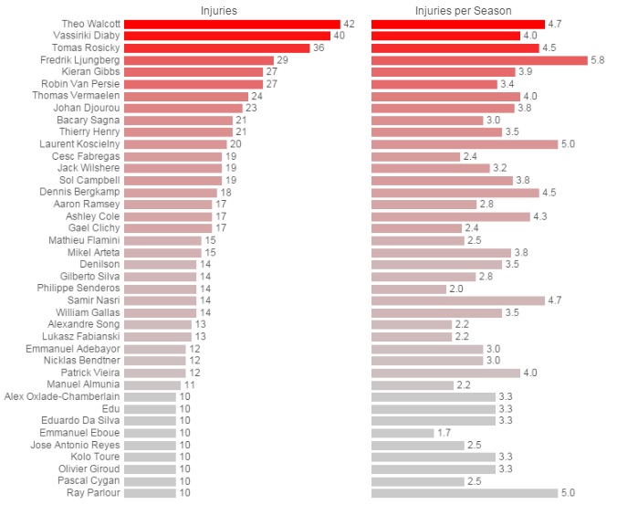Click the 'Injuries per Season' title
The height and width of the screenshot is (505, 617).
[x=463, y=10]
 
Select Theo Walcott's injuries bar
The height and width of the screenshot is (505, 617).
[x=232, y=24]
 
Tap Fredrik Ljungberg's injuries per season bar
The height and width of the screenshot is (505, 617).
[x=479, y=59]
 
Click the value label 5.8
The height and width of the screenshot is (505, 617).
[x=599, y=59]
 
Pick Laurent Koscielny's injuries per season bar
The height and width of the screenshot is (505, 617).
[x=465, y=144]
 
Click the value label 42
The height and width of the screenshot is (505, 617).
[x=349, y=24]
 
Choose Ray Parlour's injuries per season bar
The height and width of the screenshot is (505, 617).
[x=465, y=493]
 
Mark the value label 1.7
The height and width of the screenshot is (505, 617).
[x=444, y=433]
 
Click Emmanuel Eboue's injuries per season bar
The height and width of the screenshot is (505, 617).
[x=403, y=433]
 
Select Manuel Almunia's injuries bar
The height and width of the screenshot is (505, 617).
[x=152, y=384]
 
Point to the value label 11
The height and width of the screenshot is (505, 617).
[x=190, y=384]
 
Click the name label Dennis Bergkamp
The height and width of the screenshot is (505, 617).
[x=78, y=193]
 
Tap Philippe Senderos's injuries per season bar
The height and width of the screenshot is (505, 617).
[x=409, y=289]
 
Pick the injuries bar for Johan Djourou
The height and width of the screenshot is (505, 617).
[x=183, y=108]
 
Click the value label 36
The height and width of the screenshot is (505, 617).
[x=319, y=47]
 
